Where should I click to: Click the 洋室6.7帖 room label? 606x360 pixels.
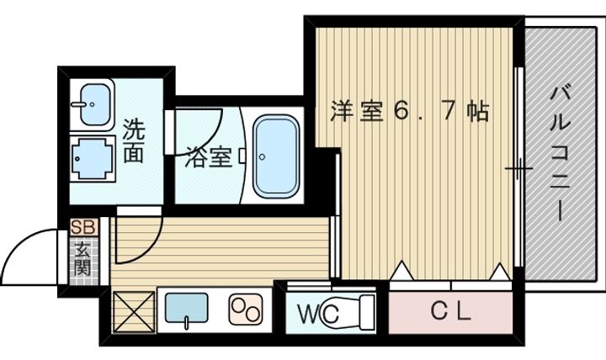pos(409,112)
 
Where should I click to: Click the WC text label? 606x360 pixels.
pos(318,315)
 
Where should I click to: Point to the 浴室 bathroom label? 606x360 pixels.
pos(208,156)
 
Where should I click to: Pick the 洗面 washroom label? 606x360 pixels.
pos(133,140)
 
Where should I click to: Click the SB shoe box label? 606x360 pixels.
pos(83,227)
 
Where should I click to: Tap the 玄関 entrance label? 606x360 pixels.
pos(83,258)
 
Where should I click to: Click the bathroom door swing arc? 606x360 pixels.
pos(202,126)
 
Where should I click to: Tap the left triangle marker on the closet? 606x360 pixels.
pos(401,271)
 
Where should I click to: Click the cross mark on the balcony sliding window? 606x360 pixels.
pos(518,171)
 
